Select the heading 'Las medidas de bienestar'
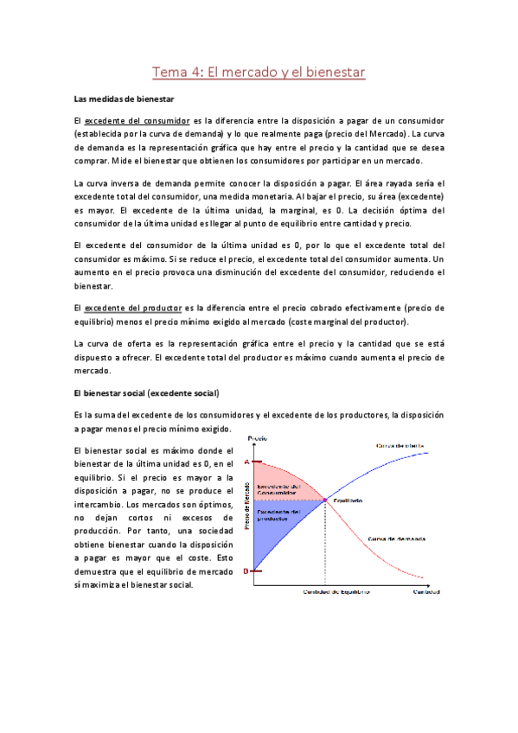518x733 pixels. point(125,100)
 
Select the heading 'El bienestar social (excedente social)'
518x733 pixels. point(147,393)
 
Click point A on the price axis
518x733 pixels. point(246,462)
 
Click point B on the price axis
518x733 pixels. point(246,571)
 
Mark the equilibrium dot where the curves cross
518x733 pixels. point(326,500)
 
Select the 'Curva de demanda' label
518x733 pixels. point(395,539)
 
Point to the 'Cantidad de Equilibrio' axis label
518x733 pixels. point(336,592)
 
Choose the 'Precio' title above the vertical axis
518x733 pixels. point(258,439)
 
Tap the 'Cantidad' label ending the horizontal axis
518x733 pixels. point(425,592)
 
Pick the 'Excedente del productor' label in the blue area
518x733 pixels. point(278,516)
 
